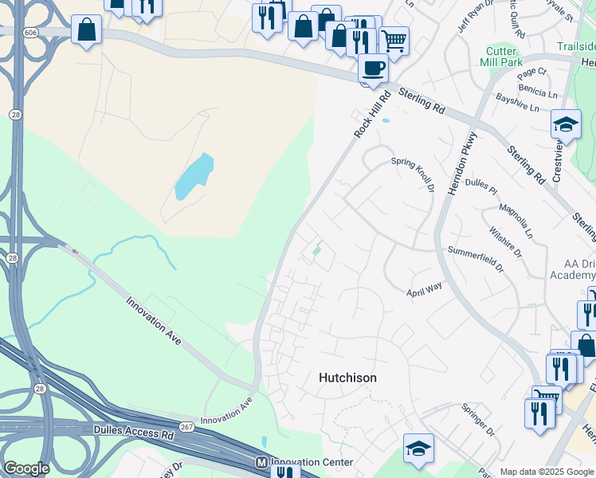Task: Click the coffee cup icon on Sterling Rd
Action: pyautogui.click(x=373, y=67)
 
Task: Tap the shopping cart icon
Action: pyautogui.click(x=394, y=40)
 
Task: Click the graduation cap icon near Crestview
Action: pyautogui.click(x=566, y=124)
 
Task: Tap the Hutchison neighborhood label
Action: pyautogui.click(x=347, y=378)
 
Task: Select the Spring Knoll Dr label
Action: pyautogui.click(x=413, y=174)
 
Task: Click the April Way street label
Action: pyautogui.click(x=425, y=288)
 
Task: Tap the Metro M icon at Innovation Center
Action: pyautogui.click(x=261, y=462)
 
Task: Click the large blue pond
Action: pyautogui.click(x=194, y=176)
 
